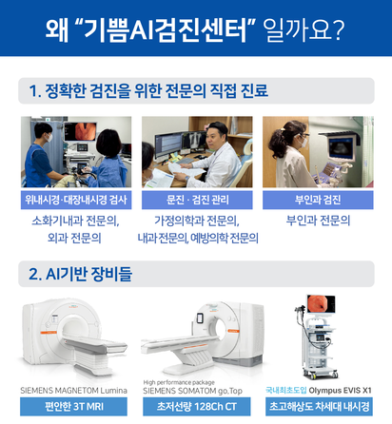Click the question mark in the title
(338, 29)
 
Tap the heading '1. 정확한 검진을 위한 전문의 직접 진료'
(148, 91)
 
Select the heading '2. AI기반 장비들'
(80, 274)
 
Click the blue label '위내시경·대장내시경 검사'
(76, 200)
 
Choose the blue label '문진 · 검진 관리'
(197, 200)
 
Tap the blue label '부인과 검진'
(318, 200)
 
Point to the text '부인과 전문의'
(318, 221)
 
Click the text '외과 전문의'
(74, 238)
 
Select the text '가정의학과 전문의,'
(197, 221)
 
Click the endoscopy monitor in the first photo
(80, 131)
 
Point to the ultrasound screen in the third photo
(341, 147)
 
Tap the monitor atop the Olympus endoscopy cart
(321, 304)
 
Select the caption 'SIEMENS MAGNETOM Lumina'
(73, 391)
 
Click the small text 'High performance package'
(179, 382)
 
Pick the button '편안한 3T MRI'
(73, 407)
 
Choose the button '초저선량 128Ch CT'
(196, 407)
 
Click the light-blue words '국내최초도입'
(286, 390)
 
